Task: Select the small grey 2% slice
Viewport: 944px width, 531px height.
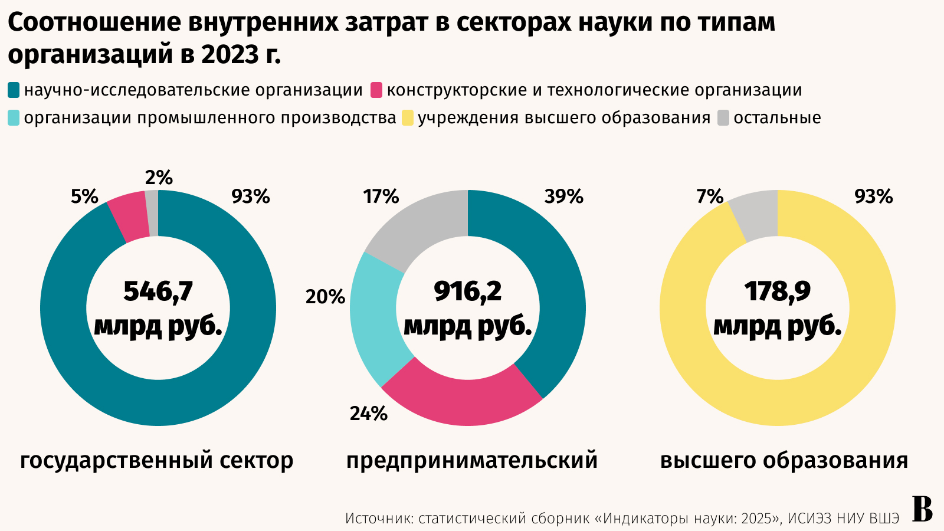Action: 152,213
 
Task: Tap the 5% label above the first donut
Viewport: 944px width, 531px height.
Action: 84,196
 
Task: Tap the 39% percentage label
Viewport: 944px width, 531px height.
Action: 563,196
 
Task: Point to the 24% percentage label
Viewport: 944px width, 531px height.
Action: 368,414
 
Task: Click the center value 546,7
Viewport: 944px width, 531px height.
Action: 158,291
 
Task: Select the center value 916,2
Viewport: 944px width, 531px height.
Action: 468,291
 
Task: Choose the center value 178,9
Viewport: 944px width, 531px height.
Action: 778,291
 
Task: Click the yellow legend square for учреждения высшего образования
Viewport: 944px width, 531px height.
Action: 408,118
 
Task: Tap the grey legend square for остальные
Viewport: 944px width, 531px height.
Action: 724,118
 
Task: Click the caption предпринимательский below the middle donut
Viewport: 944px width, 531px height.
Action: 472,460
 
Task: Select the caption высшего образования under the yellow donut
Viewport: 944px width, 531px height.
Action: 784,460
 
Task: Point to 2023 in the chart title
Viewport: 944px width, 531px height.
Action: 227,54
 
